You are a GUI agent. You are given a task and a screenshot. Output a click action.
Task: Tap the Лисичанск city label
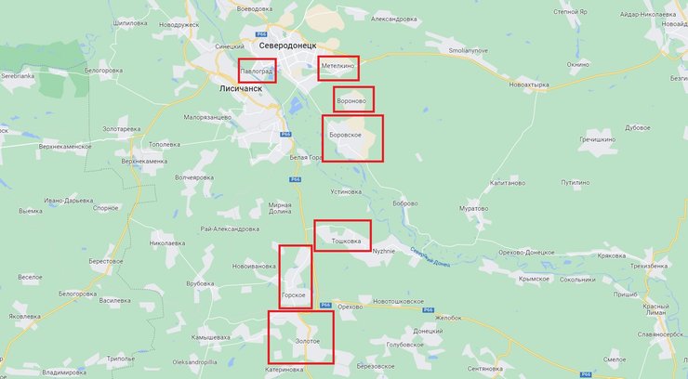tap(241, 89)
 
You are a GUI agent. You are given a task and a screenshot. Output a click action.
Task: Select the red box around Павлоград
tap(257, 71)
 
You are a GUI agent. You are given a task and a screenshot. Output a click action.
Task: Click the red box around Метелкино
tap(337, 67)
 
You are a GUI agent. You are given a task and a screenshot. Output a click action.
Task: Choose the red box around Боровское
tap(352, 138)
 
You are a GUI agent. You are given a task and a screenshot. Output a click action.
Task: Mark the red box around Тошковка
tap(342, 236)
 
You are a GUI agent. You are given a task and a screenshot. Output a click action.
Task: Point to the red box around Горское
tap(296, 277)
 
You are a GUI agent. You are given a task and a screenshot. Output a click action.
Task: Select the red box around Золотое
tap(300, 336)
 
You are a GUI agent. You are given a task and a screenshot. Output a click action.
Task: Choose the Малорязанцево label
tap(207, 117)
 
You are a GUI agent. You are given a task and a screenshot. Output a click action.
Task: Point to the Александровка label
tap(393, 19)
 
